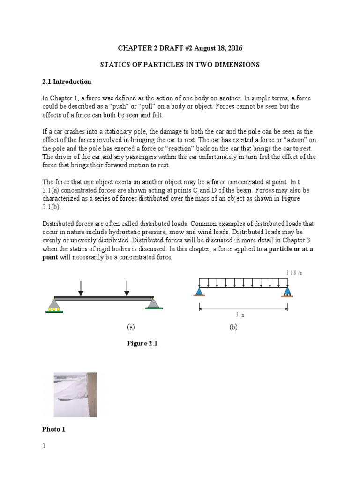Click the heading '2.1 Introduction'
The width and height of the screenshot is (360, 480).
(x=67, y=82)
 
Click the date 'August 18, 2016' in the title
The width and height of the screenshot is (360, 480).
(x=217, y=49)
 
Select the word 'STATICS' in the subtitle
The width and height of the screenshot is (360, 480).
(x=116, y=65)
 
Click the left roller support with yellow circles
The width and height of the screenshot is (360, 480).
(x=54, y=305)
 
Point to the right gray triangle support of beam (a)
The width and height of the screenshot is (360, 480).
(x=153, y=304)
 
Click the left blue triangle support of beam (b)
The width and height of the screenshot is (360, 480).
(x=199, y=292)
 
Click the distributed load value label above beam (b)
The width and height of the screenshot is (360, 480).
(x=291, y=273)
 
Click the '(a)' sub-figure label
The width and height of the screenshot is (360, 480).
(x=131, y=327)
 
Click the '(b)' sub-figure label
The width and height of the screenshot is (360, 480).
(x=233, y=327)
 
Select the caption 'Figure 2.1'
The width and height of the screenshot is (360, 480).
(x=142, y=344)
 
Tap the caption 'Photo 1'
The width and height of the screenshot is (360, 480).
(x=54, y=429)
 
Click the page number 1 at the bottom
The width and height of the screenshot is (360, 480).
(x=44, y=446)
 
